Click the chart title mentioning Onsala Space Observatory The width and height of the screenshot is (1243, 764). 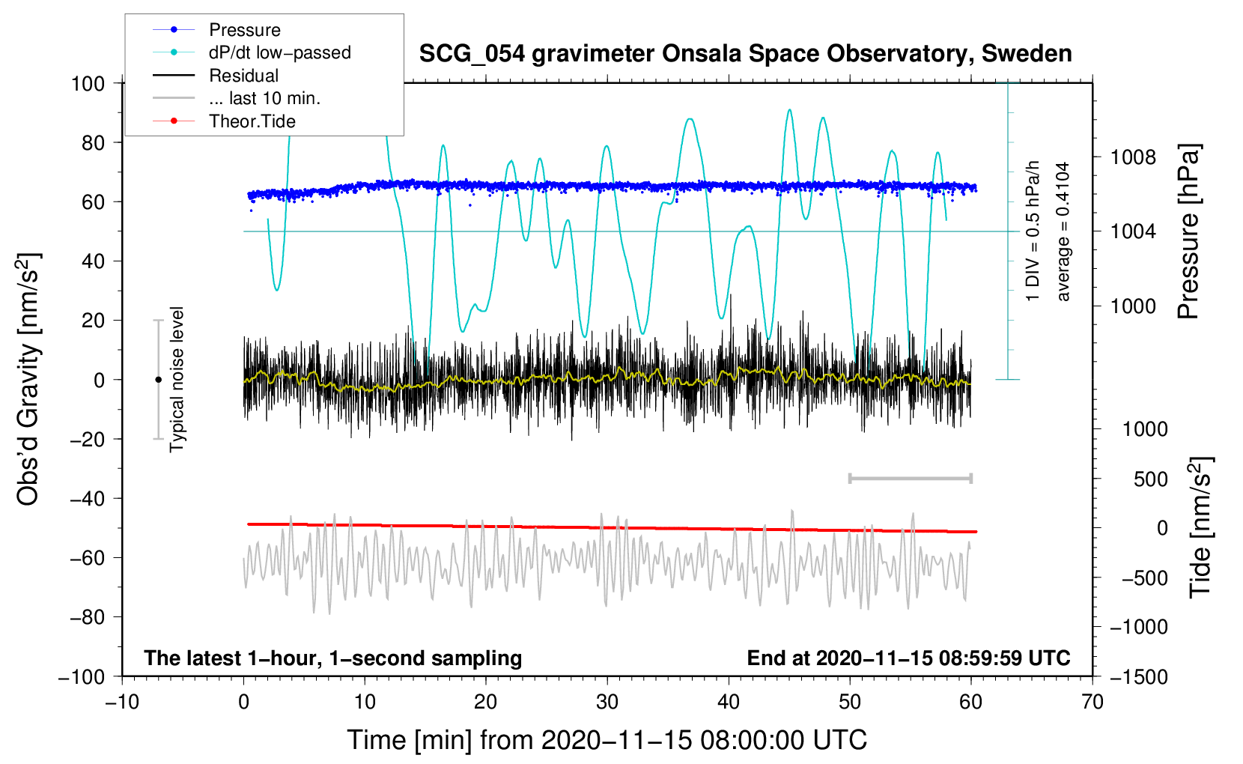pyautogui.click(x=745, y=54)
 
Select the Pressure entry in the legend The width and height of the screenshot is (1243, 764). pyautogui.click(x=244, y=30)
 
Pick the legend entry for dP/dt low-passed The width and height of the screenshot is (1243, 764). pyautogui.click(x=279, y=52)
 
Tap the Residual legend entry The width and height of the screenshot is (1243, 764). pyautogui.click(x=243, y=76)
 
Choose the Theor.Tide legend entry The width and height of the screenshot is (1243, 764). pyautogui.click(x=252, y=121)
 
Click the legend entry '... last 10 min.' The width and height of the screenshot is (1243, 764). pyautogui.click(x=264, y=98)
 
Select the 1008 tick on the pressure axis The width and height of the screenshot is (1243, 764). pyautogui.click(x=1133, y=157)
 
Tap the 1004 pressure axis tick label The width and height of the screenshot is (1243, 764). pyautogui.click(x=1133, y=231)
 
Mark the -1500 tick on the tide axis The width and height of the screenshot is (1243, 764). pyautogui.click(x=1138, y=676)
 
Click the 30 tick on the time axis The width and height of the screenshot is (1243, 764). pyautogui.click(x=607, y=702)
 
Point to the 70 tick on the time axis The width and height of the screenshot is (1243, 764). pyautogui.click(x=1092, y=702)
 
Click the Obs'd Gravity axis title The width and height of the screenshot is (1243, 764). pyautogui.click(x=28, y=379)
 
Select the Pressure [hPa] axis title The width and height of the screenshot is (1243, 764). pyautogui.click(x=1188, y=231)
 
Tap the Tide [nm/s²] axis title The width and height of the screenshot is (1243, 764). pyautogui.click(x=1200, y=527)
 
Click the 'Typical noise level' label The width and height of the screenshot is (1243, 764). pyautogui.click(x=177, y=379)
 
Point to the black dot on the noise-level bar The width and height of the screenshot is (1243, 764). pyautogui.click(x=158, y=380)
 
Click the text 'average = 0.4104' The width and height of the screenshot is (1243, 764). pyautogui.click(x=1063, y=231)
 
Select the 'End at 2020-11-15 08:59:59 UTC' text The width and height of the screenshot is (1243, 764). pyautogui.click(x=908, y=658)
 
